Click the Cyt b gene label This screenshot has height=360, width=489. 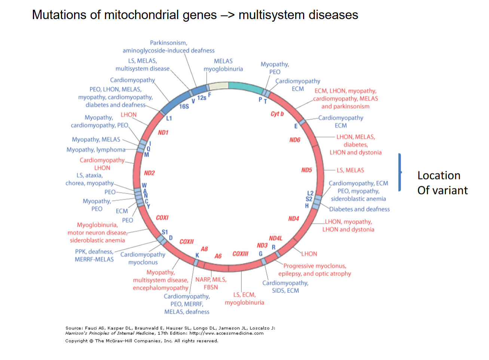[x=277, y=114]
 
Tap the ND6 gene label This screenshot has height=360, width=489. [x=295, y=140]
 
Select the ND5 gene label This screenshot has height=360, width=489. [x=306, y=170]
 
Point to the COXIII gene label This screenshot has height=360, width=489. [x=240, y=254]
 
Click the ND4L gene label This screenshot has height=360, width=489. [x=275, y=238]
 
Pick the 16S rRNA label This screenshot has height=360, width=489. [x=184, y=107]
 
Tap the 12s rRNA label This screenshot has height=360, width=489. [x=202, y=98]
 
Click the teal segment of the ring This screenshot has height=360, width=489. [x=245, y=87]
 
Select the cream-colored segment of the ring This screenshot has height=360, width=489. [x=218, y=86]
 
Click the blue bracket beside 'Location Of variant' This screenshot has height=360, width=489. [x=400, y=172]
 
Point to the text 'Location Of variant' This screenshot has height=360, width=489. [x=443, y=183]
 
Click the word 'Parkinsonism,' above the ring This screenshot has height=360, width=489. [x=168, y=43]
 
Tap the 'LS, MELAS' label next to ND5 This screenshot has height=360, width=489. [x=350, y=170]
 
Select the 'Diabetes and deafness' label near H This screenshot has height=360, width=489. [x=359, y=209]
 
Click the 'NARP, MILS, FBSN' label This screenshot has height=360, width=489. [x=211, y=283]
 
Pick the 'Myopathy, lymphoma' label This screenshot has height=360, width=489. [x=96, y=150]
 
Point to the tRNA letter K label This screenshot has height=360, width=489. [x=197, y=255]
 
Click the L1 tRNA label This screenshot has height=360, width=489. [x=169, y=119]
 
